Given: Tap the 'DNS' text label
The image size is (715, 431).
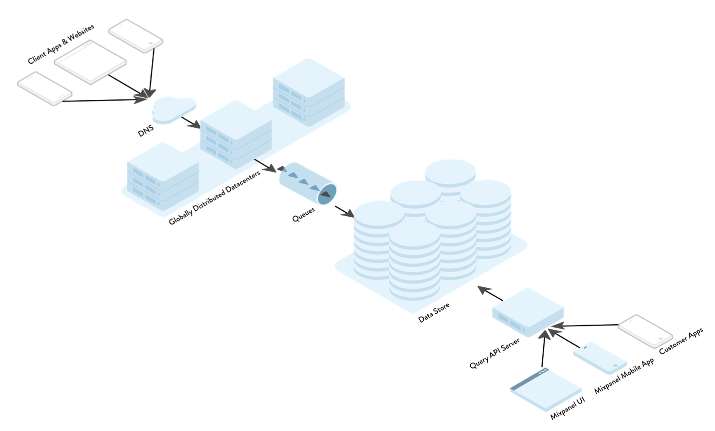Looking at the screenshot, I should coord(146,131).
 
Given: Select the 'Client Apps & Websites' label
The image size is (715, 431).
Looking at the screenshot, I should coord(61,44).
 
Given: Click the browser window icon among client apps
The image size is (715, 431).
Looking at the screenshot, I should coord(90,62).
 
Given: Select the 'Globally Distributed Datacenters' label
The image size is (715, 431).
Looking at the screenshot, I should coord(214,197).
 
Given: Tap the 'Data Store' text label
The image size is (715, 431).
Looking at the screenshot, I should coord(434,313).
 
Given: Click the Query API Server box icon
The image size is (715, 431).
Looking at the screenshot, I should coord(528,312).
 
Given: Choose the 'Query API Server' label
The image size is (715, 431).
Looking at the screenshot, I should coord(494,353).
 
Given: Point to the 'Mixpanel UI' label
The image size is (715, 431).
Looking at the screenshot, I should coord(567,408).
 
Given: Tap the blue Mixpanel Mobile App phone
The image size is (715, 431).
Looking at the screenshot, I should coord(599,358).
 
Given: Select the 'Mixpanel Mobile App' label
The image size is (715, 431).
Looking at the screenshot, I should coord(624,376).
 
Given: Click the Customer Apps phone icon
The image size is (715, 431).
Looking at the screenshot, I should coord(645,330).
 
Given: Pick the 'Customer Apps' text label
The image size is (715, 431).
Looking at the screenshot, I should coord(681,341).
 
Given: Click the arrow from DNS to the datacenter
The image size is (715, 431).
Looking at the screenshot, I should coord(190,122).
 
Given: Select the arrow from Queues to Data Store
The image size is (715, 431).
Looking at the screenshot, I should coord(344,211).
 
